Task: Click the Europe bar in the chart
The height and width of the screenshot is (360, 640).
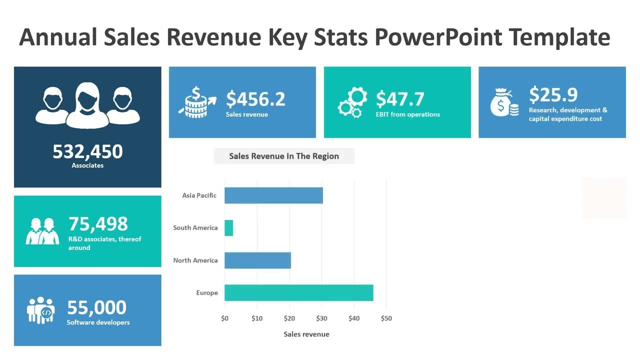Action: click(298, 293)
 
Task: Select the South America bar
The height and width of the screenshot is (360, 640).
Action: click(229, 228)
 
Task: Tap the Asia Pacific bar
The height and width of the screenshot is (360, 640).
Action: click(273, 195)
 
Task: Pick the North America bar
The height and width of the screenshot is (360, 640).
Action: click(257, 260)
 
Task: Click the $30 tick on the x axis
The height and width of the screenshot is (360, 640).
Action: click(321, 318)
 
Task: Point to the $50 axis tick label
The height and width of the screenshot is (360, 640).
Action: click(386, 318)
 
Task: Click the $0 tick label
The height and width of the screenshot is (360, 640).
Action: click(224, 318)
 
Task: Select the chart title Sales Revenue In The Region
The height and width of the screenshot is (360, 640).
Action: click(284, 156)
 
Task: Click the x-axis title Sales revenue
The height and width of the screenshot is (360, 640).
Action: click(306, 334)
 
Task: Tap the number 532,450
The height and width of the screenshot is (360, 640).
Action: click(87, 151)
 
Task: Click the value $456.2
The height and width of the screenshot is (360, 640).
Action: click(255, 99)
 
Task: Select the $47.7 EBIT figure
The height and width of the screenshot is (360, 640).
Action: click(400, 99)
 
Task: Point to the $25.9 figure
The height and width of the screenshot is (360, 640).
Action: click(553, 94)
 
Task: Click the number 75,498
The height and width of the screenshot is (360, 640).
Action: click(98, 224)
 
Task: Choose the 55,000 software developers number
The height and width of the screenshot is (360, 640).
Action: click(96, 307)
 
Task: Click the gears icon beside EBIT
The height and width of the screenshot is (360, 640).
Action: click(352, 102)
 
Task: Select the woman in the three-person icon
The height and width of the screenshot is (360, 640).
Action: click(87, 105)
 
